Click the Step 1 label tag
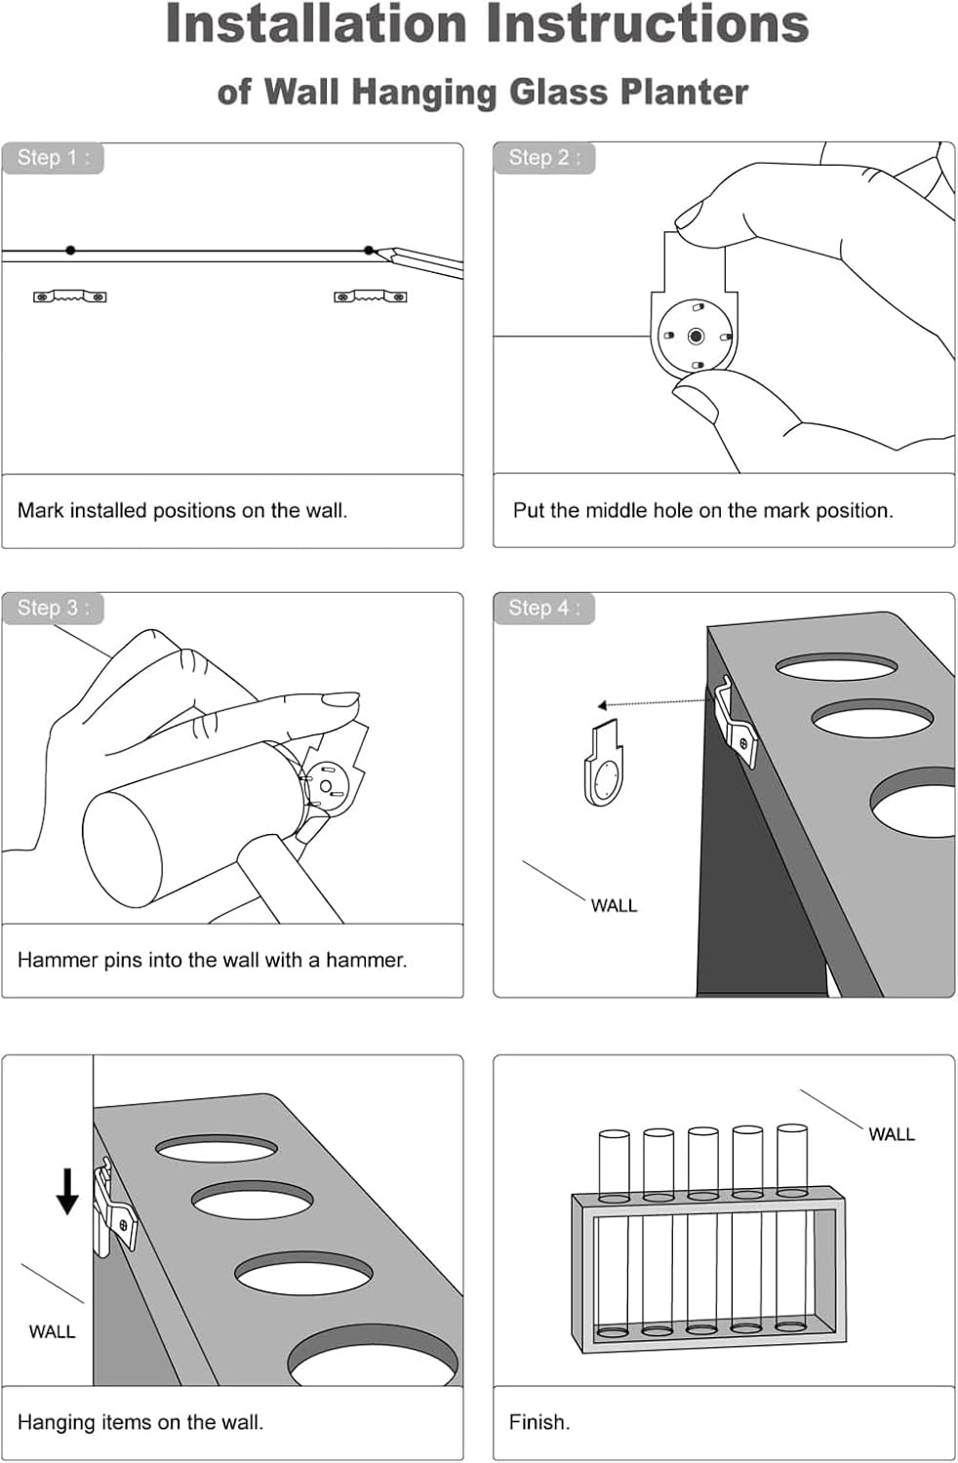point(53,158)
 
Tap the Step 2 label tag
point(543,158)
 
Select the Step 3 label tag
point(53,608)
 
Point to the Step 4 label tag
point(543,608)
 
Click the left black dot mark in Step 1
point(70,250)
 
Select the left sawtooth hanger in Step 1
point(70,297)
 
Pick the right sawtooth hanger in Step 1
point(371,297)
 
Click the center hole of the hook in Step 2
point(696,336)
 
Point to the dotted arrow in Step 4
point(655,703)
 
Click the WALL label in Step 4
point(614,906)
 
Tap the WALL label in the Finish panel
point(892,1134)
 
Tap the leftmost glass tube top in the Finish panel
point(615,1135)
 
